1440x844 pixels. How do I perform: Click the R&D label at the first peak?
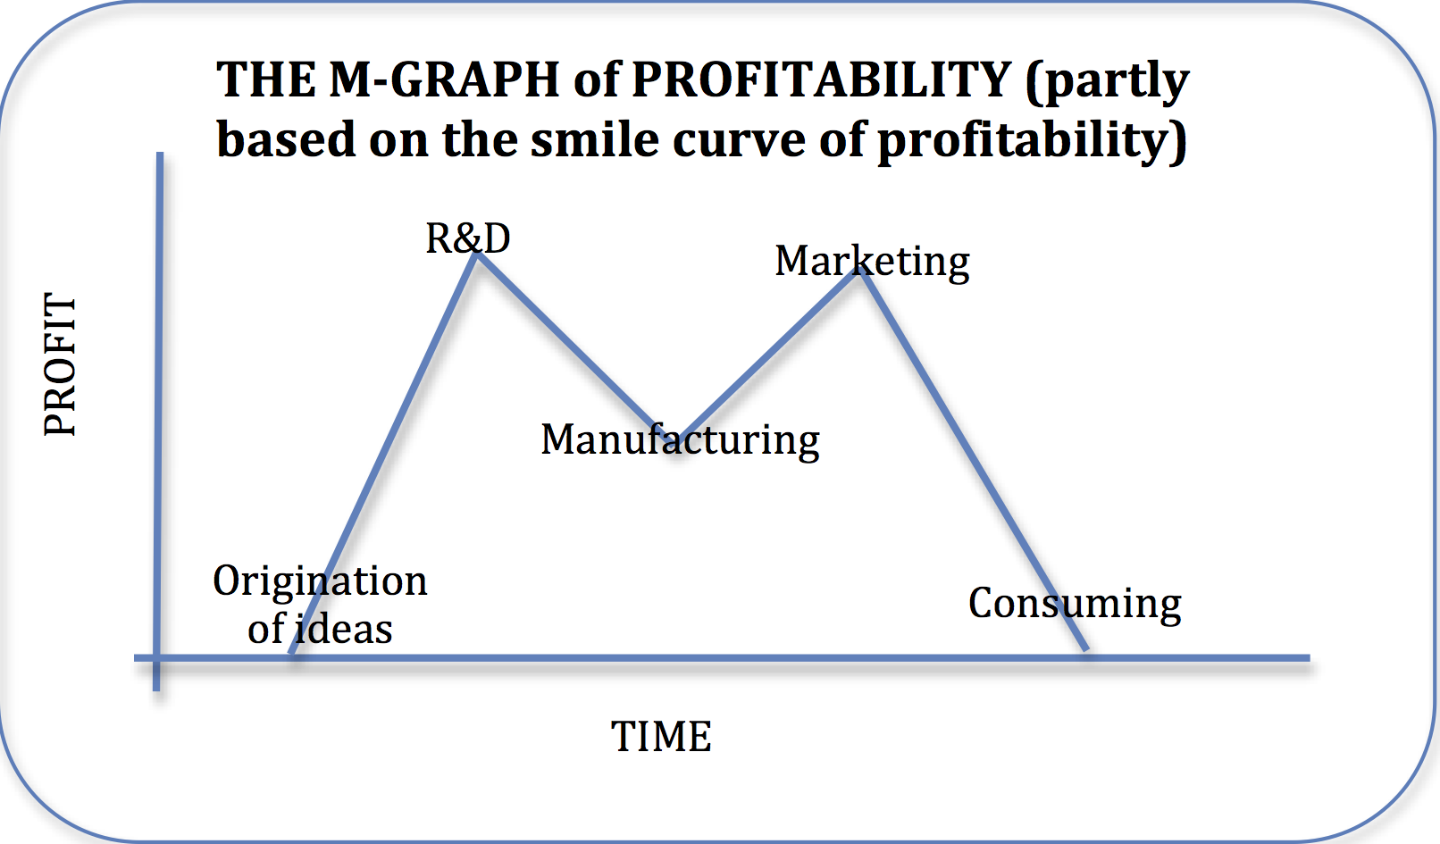click(468, 238)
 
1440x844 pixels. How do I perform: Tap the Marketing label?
click(873, 262)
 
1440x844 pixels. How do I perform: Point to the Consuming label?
click(1075, 604)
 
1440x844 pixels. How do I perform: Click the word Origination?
click(320, 581)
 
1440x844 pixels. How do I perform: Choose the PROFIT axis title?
click(60, 364)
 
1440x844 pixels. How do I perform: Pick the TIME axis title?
click(661, 736)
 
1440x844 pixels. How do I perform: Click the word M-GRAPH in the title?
click(444, 79)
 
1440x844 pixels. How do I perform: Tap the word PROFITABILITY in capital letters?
click(822, 79)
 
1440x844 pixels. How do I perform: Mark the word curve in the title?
click(740, 141)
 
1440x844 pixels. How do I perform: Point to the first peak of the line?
click(476, 255)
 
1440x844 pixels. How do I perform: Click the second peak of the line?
click(859, 272)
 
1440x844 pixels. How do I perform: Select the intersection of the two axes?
click(157, 658)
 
